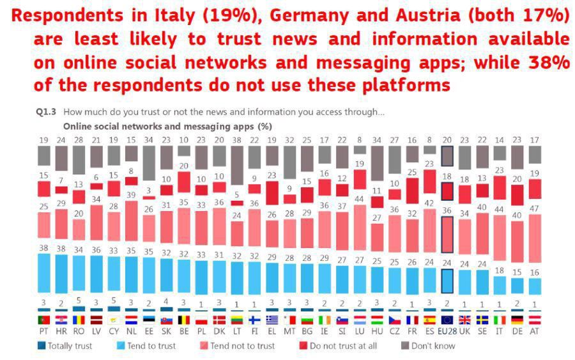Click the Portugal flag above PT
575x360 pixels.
coord(44,320)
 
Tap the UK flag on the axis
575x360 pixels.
coord(464,320)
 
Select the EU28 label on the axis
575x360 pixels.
coord(447,333)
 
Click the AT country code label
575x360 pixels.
coord(534,333)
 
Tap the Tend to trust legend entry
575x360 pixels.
coord(152,346)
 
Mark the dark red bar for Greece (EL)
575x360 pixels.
coord(272,192)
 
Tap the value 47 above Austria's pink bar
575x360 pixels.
coord(534,208)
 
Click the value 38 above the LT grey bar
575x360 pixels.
coord(236,139)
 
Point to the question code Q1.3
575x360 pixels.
coord(47,113)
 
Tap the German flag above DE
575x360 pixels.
coord(517,320)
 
